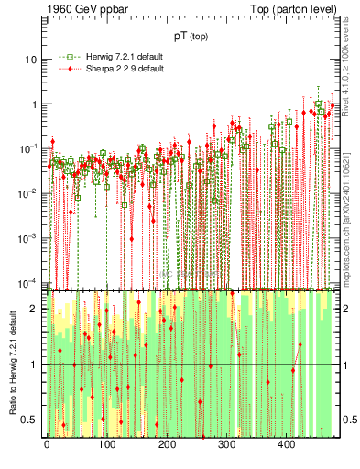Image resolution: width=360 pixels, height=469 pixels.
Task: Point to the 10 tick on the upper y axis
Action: pyautogui.click(x=30, y=60)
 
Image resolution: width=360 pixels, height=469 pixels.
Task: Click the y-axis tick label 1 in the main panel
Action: pyautogui.click(x=34, y=104)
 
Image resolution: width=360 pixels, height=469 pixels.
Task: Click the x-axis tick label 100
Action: pyautogui.click(x=106, y=445)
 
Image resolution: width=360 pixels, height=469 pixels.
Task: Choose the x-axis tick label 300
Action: pyautogui.click(x=226, y=445)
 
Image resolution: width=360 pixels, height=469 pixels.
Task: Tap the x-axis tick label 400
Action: pyautogui.click(x=286, y=445)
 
